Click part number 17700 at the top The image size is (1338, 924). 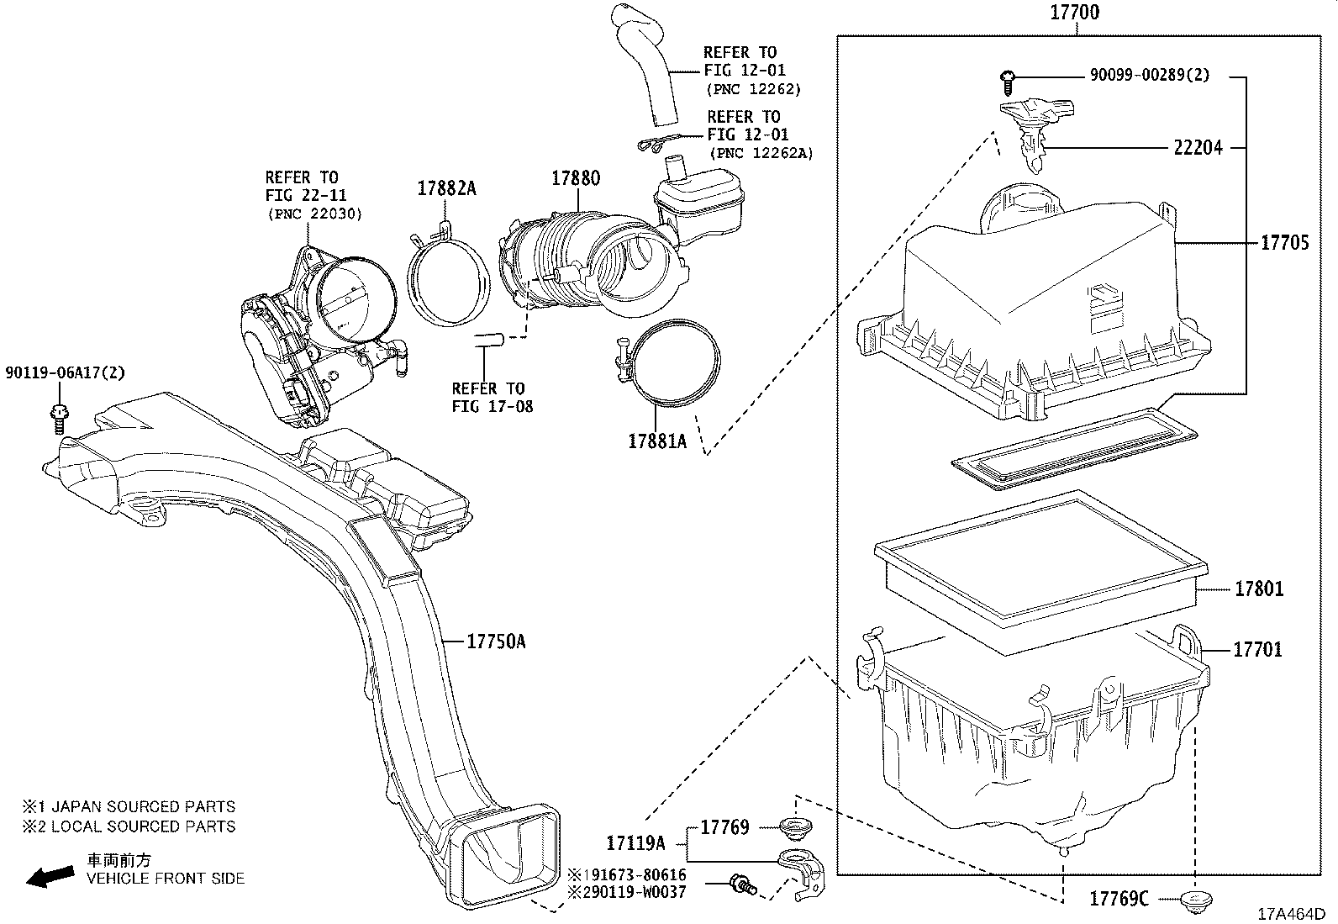(1073, 13)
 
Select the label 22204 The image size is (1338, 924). (1198, 148)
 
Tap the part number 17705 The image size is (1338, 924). (1284, 243)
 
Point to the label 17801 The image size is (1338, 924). (1258, 589)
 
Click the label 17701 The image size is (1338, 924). (1257, 650)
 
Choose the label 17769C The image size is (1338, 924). (1119, 900)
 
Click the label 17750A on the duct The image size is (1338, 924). (496, 642)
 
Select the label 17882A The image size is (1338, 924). (446, 189)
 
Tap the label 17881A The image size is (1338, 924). (656, 441)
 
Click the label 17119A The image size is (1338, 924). (635, 842)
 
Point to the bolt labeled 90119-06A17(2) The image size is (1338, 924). (60, 416)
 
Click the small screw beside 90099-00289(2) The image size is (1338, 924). (1009, 80)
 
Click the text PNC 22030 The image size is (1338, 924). (315, 214)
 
